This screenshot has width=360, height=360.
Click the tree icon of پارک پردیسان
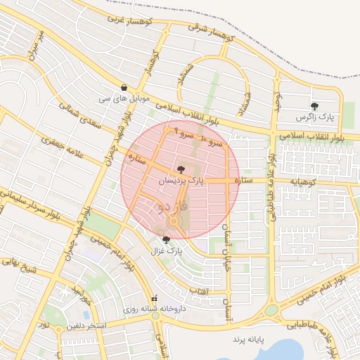[181, 169]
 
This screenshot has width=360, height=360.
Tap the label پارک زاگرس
[314, 116]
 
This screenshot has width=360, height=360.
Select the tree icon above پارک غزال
[166, 240]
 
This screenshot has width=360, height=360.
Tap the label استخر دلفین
[86, 326]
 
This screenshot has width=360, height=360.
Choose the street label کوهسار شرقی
[214, 29]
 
